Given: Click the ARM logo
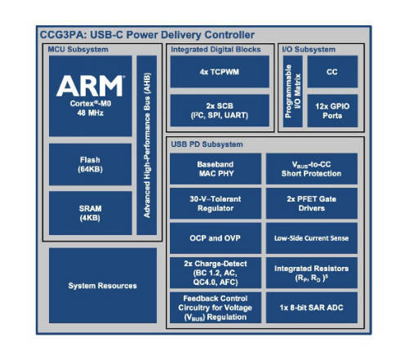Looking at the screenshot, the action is [x=90, y=86].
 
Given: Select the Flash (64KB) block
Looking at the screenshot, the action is [x=90, y=165].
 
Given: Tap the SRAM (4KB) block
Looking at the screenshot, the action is [x=90, y=213].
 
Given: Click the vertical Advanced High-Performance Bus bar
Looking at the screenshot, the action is [x=147, y=145].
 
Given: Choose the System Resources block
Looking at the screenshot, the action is [x=103, y=286].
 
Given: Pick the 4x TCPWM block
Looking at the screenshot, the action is [x=220, y=72].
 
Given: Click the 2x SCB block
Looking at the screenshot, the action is [x=220, y=110].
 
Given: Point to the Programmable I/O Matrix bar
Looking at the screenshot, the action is [x=292, y=91].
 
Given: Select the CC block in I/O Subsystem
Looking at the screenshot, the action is [x=332, y=72].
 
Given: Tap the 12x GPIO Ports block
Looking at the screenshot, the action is [x=332, y=111].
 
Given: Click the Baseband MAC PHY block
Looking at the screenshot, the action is [x=216, y=169].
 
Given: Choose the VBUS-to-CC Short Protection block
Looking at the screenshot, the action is [x=312, y=169].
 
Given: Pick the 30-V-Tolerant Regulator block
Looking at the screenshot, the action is [x=216, y=203].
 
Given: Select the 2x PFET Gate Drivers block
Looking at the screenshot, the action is [x=312, y=203].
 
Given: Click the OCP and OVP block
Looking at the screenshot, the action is [x=216, y=238].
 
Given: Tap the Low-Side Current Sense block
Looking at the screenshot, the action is [x=312, y=238].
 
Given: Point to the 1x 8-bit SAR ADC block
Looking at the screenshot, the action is [x=312, y=308].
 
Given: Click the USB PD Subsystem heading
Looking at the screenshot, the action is [x=207, y=144].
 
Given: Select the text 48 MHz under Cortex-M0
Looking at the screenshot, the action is [x=90, y=113].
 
